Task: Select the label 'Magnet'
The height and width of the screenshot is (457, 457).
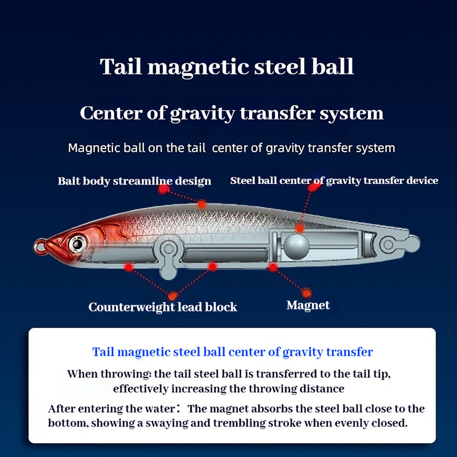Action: click(x=308, y=305)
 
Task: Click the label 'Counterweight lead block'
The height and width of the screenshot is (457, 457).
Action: click(x=162, y=307)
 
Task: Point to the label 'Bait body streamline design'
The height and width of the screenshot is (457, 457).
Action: click(x=134, y=181)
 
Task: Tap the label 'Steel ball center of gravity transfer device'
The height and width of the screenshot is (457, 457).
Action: click(x=334, y=180)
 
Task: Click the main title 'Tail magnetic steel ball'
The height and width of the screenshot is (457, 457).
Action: click(x=227, y=67)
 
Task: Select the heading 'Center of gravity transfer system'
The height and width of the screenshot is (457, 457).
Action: click(x=231, y=113)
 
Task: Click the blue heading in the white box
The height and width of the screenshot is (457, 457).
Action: click(x=232, y=352)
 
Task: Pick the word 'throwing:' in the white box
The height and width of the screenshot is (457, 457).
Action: click(x=131, y=374)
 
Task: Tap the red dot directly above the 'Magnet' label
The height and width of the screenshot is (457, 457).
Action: click(x=307, y=292)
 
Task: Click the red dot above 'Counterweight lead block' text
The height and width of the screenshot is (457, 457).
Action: click(x=173, y=296)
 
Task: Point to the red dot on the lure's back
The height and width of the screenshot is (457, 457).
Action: click(x=202, y=204)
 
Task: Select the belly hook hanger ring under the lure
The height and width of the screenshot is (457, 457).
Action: click(x=168, y=248)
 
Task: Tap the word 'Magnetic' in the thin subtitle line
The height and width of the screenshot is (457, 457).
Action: click(x=92, y=148)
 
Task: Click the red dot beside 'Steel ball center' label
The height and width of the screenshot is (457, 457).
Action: click(x=312, y=187)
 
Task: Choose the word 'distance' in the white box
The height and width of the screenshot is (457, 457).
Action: click(x=322, y=388)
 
